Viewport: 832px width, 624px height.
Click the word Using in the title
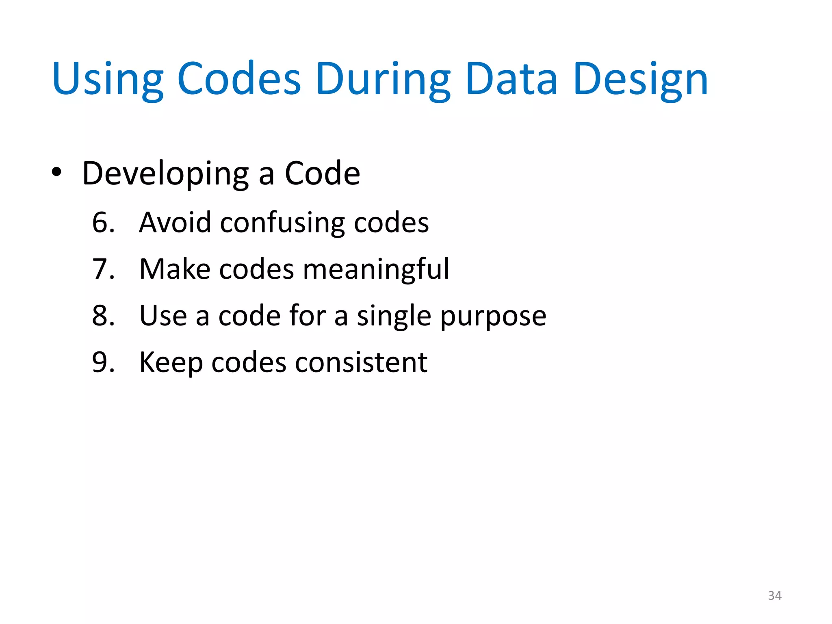tap(108, 80)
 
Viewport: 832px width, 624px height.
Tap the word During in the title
tap(383, 80)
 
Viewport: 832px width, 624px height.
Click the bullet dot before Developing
tap(56, 172)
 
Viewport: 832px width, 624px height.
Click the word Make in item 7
tap(175, 269)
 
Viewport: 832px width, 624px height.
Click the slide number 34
tap(774, 596)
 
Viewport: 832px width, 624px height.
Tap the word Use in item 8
tap(163, 316)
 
